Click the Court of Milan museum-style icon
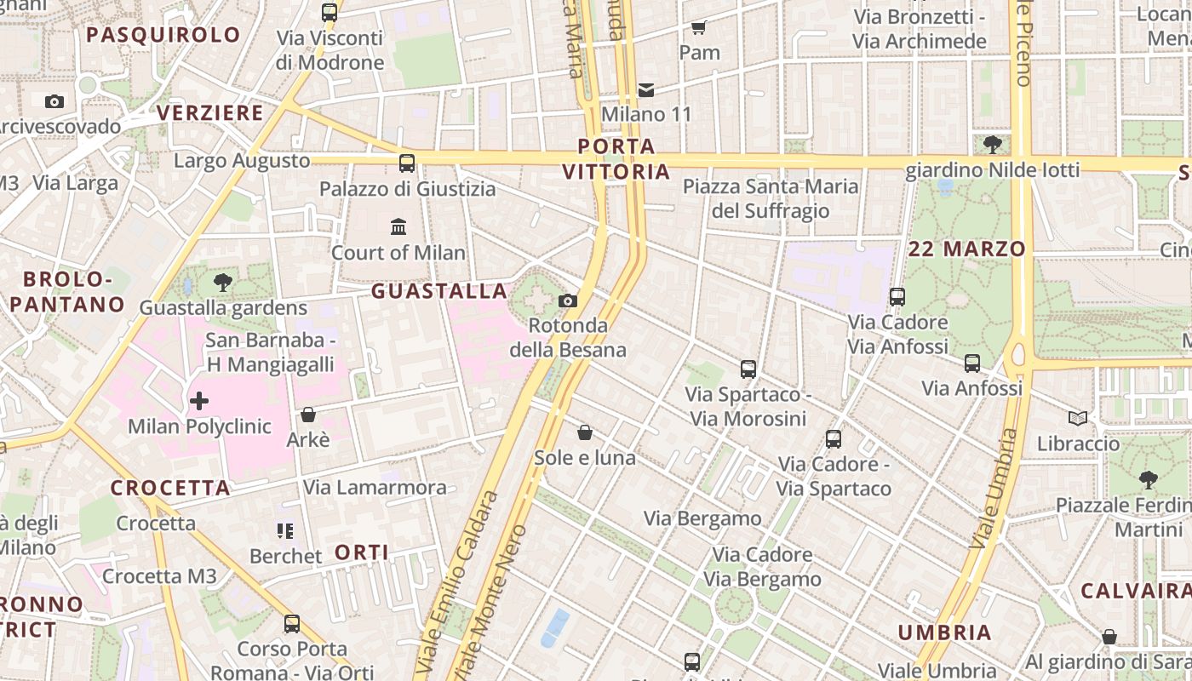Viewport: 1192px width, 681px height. (398, 226)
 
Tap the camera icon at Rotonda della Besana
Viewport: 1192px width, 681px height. (568, 300)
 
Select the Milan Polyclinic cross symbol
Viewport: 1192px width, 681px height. (199, 400)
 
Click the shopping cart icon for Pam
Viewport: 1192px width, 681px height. (699, 27)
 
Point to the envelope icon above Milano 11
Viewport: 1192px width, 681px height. (646, 89)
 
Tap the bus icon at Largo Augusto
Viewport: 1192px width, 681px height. (407, 163)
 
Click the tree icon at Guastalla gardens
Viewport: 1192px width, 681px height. (223, 282)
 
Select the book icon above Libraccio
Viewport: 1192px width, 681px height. (1078, 418)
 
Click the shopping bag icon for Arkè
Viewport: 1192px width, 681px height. (308, 415)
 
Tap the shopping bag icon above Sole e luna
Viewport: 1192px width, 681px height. (585, 432)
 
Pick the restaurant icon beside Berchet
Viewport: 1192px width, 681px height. (285, 531)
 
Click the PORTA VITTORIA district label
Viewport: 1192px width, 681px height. (616, 159)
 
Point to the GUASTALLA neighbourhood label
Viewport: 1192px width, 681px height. (439, 291)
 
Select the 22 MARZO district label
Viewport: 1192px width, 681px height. (967, 249)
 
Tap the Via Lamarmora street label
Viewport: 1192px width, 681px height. (375, 488)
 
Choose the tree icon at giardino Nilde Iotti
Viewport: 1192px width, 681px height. (992, 144)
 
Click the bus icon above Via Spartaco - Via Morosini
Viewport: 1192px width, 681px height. (748, 369)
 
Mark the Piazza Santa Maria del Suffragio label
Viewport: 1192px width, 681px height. (771, 198)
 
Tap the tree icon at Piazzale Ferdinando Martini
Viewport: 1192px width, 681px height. (1149, 479)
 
